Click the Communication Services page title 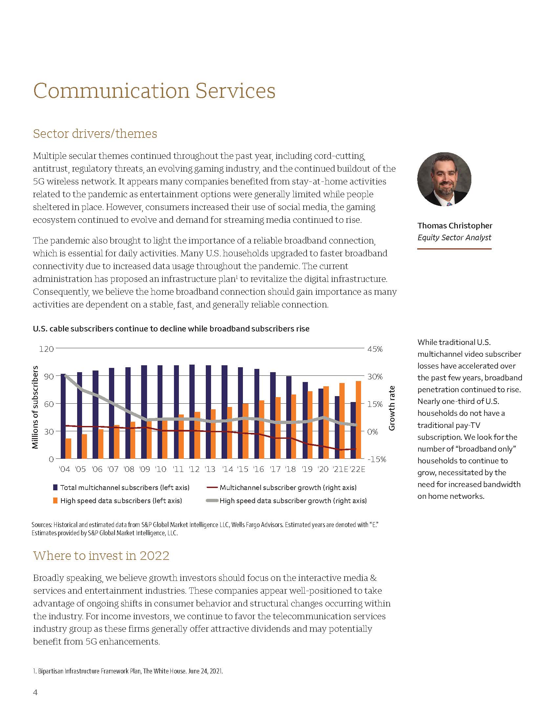click(154, 91)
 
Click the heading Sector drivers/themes click(95, 134)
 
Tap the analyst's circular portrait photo click(444, 179)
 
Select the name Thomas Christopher click(455, 225)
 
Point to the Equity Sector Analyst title click(454, 237)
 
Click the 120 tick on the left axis click(46, 349)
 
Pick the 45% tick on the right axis click(375, 349)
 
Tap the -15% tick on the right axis click(376, 459)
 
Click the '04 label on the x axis click(64, 469)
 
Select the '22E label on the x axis click(357, 469)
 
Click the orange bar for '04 click(68, 449)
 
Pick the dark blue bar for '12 click(192, 412)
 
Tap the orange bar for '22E click(358, 420)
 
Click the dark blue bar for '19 click(305, 420)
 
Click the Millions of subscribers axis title click(35, 407)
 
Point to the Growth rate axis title click(392, 408)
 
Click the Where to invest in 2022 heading click(101, 555)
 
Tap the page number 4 click(35, 692)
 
